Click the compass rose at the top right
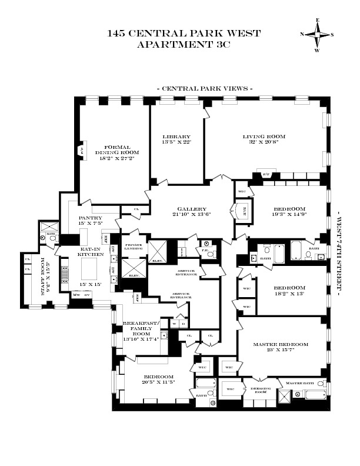coord(318,35)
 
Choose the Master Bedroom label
coord(281,344)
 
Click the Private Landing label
coord(132,247)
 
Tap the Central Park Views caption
coord(204,88)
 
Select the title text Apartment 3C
coord(184,44)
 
